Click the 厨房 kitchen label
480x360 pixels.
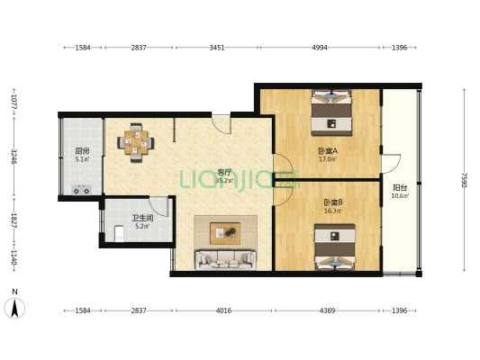[82, 151]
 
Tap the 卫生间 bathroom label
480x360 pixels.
[142, 218]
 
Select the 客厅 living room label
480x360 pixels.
[224, 172]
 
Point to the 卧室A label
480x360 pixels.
[328, 151]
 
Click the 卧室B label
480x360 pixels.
[333, 202]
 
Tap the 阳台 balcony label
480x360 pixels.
[400, 187]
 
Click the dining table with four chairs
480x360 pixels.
[136, 142]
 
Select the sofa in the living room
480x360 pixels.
[226, 260]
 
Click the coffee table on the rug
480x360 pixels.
[225, 233]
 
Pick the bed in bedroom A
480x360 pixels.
[331, 112]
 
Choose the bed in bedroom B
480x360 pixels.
[335, 247]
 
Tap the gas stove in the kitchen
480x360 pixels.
[81, 190]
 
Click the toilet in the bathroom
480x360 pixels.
[119, 233]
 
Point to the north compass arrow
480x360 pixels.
[14, 308]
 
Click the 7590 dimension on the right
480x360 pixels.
[464, 180]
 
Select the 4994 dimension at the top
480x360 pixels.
[320, 48]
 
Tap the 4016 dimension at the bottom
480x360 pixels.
[223, 310]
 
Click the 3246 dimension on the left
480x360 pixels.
[14, 157]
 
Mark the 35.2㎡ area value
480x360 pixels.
[225, 181]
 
